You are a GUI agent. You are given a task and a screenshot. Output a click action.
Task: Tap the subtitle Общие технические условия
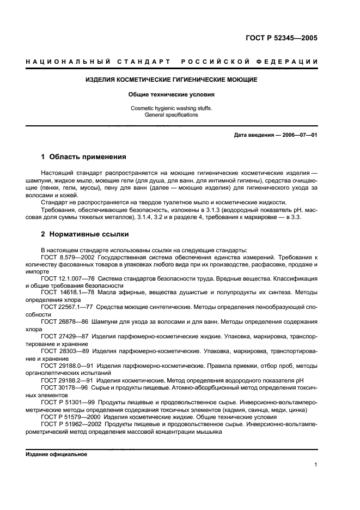point(172,94)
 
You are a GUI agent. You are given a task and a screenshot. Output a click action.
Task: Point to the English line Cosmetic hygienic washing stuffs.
point(172,108)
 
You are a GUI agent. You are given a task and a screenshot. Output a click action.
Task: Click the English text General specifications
point(172,115)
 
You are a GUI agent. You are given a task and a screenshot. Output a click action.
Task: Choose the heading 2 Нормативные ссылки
point(85,234)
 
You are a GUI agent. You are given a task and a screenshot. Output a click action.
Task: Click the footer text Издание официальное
point(57,454)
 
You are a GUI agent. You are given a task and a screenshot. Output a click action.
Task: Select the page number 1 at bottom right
point(316,465)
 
